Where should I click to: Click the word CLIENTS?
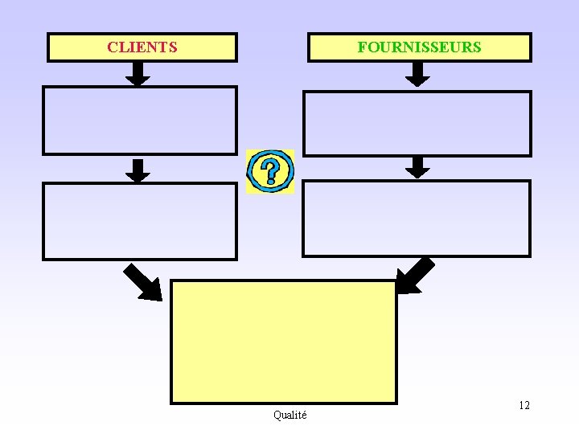pos(142,47)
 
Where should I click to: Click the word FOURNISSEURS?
pos(419,47)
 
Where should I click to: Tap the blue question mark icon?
pos(270,171)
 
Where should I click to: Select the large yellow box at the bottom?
pos(284,342)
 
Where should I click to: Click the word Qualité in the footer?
pos(289,415)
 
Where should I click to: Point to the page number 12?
pos(524,405)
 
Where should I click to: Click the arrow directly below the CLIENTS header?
pos(139,74)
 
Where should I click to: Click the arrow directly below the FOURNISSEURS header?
pos(417,75)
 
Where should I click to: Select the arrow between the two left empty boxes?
pos(139,170)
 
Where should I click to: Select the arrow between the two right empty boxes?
pos(417,167)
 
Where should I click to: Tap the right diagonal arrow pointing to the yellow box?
pos(416,276)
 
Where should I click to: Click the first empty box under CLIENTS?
pos(139,121)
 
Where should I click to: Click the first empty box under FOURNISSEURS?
pos(417,123)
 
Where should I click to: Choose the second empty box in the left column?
pos(139,221)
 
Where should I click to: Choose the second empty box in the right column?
pos(417,218)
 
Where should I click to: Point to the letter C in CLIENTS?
pos(112,47)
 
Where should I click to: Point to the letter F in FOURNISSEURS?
pos(362,47)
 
